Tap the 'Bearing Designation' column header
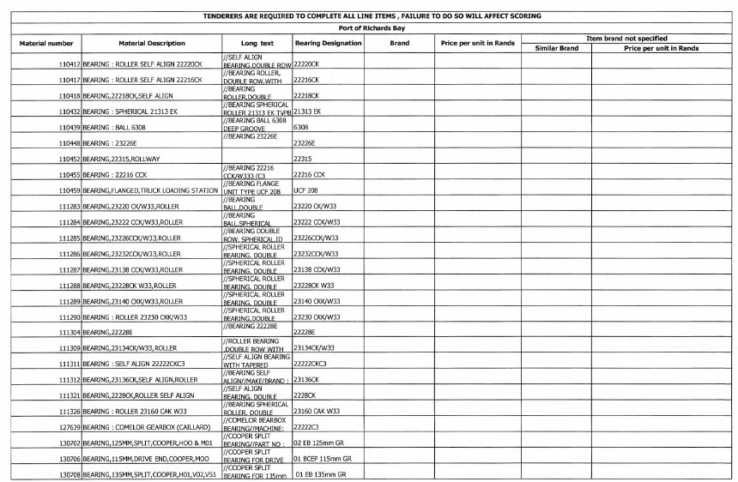327,43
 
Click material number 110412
64,64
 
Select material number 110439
64,127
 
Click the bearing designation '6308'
301,127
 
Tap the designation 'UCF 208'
307,190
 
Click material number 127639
64,427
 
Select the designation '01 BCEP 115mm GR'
323,459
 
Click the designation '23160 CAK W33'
317,411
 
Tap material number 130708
64,474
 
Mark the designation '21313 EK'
307,111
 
